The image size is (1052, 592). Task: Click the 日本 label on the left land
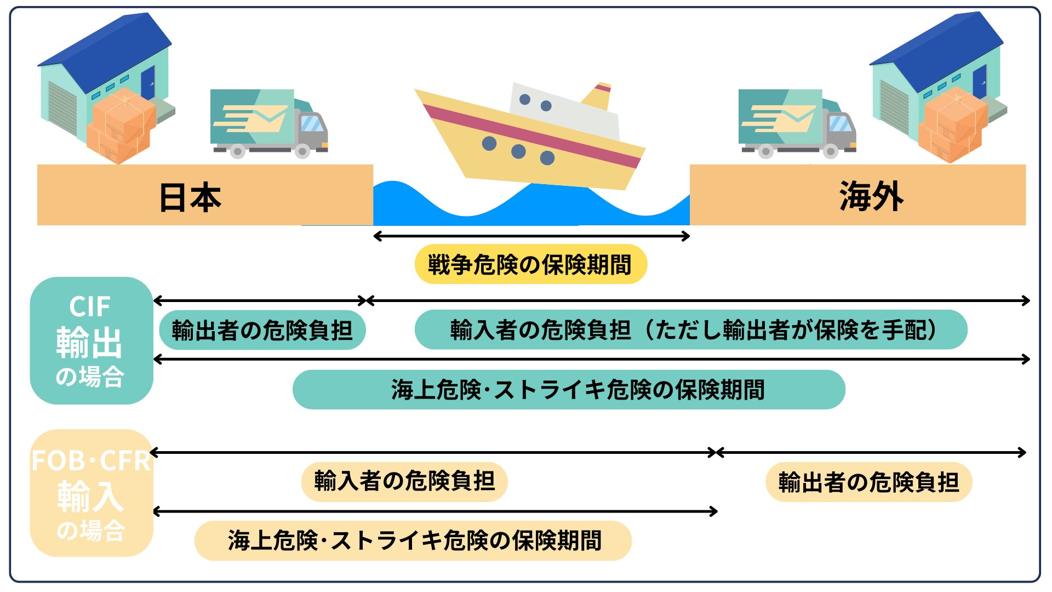click(x=190, y=197)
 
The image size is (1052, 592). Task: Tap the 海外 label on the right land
click(x=871, y=196)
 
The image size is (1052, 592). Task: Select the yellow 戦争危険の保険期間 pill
click(x=530, y=264)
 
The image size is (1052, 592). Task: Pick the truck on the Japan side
click(x=268, y=123)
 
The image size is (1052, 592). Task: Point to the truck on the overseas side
click(x=797, y=123)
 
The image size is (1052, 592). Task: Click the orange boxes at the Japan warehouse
click(x=121, y=126)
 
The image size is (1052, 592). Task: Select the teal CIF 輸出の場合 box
click(x=91, y=340)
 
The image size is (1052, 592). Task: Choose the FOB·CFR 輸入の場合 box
click(x=91, y=493)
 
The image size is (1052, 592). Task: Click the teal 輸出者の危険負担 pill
click(x=262, y=330)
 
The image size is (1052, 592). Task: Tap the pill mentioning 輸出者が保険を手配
click(x=691, y=330)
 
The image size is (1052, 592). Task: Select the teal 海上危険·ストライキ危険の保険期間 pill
click(x=569, y=390)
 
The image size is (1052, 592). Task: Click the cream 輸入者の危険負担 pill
click(x=404, y=481)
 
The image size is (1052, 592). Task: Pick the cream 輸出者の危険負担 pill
click(x=868, y=482)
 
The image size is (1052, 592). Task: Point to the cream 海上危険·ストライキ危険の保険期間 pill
click(x=413, y=540)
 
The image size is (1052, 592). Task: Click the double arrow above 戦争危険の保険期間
click(x=531, y=236)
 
